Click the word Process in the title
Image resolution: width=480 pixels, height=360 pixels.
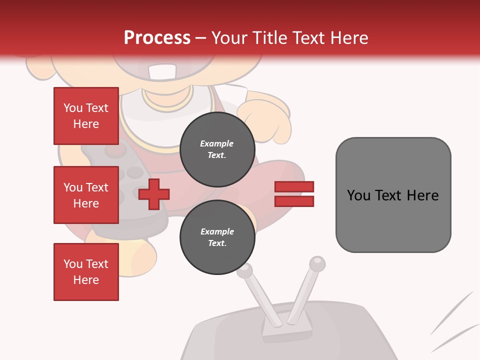(157, 38)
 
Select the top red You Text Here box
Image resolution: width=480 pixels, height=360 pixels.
(86, 116)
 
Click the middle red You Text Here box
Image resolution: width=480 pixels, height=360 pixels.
(86, 195)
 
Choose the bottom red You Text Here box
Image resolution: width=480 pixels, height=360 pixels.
(86, 272)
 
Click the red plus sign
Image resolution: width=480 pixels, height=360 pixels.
(154, 194)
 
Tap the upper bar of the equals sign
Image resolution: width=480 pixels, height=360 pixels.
(294, 186)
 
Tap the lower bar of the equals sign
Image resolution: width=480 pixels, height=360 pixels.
(294, 201)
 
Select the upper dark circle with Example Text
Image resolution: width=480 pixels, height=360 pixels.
(217, 149)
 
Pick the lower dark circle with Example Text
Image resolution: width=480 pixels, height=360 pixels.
(217, 237)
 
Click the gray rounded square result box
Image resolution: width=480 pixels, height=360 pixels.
(393, 195)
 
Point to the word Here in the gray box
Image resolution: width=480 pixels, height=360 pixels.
(422, 195)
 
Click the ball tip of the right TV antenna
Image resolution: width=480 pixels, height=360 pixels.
(317, 263)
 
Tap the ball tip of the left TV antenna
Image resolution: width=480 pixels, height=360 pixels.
(244, 271)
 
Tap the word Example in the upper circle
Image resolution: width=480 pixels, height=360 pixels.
(217, 143)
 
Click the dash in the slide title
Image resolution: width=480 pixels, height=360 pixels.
(201, 38)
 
